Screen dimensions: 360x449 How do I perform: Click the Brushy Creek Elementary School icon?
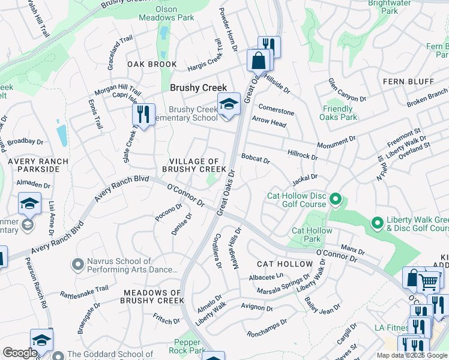[228, 104]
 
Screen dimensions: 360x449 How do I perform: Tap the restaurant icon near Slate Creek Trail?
[143, 114]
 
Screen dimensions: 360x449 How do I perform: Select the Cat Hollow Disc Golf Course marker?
[336, 198]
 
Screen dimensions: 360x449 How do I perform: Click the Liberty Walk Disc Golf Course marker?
[377, 223]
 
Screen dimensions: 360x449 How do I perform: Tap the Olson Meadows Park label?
[175, 13]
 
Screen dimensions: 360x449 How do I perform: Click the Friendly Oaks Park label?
[337, 113]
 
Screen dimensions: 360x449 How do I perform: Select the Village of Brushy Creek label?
[193, 165]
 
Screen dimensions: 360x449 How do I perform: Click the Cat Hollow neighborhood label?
[285, 264]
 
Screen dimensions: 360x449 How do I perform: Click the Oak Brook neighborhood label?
[152, 64]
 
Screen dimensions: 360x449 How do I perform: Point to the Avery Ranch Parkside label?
[34, 165]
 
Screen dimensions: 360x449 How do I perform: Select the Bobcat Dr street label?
[256, 161]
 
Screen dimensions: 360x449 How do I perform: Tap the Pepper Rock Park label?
[187, 346]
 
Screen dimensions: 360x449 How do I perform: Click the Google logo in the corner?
[20, 353]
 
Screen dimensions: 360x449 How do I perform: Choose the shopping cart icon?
[428, 281]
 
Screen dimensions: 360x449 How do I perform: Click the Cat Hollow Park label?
[312, 235]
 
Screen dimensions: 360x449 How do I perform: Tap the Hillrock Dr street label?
[302, 155]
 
